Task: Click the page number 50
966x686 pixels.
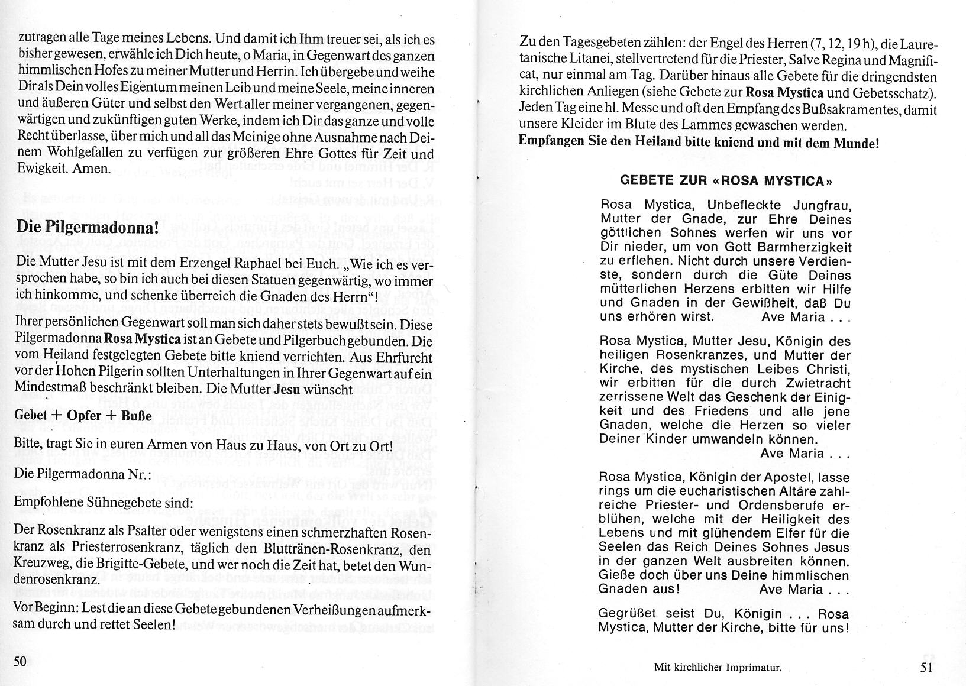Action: click(20, 661)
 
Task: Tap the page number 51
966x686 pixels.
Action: click(926, 668)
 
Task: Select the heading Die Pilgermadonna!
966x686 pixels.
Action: click(88, 227)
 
